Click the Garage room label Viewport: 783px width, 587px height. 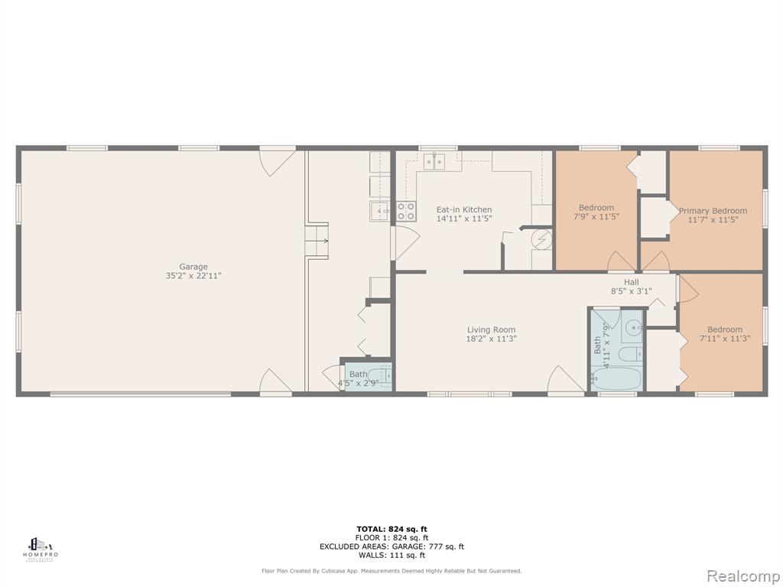pos(193,267)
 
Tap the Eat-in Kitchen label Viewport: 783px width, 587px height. pos(464,209)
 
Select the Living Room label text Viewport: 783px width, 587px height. pos(492,329)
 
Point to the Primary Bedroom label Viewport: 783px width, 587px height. pos(713,211)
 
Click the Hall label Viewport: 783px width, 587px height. pos(631,282)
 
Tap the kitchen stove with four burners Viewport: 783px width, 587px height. pos(406,211)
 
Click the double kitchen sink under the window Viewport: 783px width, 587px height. pos(434,161)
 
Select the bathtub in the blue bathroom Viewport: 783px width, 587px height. pos(616,379)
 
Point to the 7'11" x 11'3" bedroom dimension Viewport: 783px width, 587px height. pos(725,339)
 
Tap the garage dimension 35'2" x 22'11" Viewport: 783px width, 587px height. pos(193,275)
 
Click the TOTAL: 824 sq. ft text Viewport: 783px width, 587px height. pos(392,529)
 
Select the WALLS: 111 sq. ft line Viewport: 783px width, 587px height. pos(392,555)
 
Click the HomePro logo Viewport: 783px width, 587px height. pos(41,549)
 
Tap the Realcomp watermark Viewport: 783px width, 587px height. pos(743,576)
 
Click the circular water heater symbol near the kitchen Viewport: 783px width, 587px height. pos(541,240)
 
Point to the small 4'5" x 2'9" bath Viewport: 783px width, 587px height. pos(368,375)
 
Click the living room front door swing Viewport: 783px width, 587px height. pos(566,379)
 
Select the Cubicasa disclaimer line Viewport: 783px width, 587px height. pos(392,571)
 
